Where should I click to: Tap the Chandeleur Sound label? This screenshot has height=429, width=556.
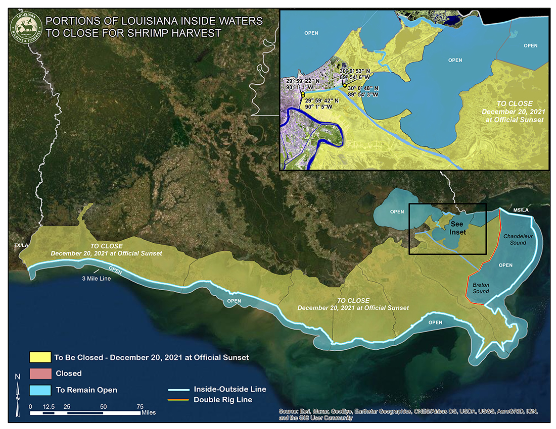click(515, 239)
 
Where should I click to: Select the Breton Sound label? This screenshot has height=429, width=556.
click(481, 288)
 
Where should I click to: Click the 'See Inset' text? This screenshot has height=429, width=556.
click(458, 229)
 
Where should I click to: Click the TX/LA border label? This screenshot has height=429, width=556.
click(21, 245)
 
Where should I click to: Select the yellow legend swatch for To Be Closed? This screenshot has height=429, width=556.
click(40, 357)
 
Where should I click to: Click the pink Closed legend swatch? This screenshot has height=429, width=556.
click(40, 373)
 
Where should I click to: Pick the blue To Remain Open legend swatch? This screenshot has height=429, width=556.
click(40, 390)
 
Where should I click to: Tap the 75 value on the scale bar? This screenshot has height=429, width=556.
click(140, 406)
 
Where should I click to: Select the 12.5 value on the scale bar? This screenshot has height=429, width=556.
click(49, 406)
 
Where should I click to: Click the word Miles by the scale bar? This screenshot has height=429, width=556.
click(149, 413)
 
